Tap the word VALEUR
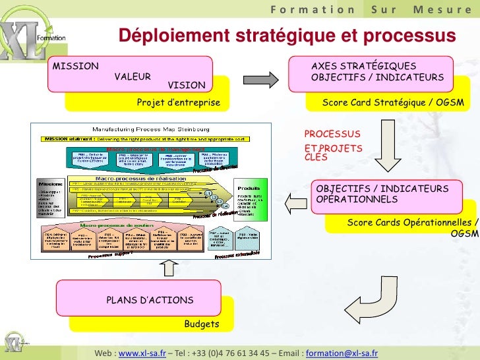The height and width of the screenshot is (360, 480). point(133,76)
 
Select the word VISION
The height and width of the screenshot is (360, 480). point(186,85)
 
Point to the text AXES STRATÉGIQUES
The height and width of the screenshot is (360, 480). point(363,67)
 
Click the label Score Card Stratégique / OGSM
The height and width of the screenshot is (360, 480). point(393,104)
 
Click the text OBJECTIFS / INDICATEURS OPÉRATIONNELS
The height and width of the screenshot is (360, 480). point(382,194)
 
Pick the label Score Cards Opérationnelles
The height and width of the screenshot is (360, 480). point(411,223)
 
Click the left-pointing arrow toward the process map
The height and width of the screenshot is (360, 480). point(295,200)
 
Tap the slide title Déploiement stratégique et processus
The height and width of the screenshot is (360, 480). point(287,36)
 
